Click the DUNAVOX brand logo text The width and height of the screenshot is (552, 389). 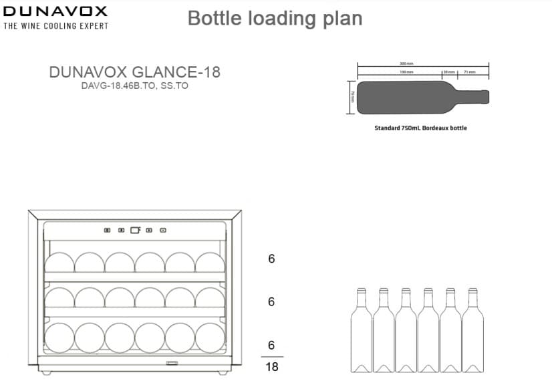point(55,11)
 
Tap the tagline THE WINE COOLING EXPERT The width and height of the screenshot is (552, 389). point(55,26)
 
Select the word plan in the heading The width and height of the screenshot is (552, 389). point(341,18)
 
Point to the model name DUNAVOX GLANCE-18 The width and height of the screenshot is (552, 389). point(134,72)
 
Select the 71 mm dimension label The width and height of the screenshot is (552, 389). point(470,72)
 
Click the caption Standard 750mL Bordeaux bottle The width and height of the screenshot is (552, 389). point(421,128)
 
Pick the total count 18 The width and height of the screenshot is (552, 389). point(271,367)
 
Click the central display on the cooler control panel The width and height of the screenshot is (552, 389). point(135,231)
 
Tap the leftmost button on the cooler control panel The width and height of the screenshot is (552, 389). point(107,231)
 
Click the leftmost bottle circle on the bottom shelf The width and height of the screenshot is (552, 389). point(59,338)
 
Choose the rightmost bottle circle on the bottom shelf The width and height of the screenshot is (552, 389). point(210,338)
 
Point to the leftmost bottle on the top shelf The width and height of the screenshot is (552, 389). point(59,263)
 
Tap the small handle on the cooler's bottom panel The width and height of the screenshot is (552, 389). point(172,364)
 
